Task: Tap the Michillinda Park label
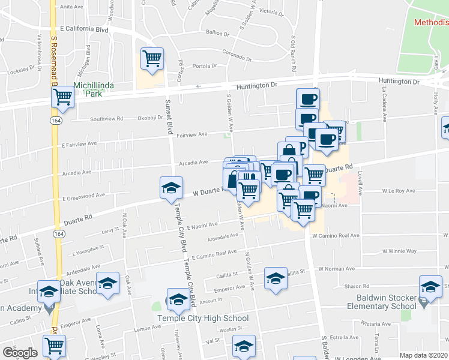click(x=93, y=89)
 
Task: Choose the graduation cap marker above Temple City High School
click(x=178, y=299)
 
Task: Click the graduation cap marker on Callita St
click(x=276, y=278)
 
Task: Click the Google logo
click(x=19, y=353)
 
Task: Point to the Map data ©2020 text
click(x=423, y=355)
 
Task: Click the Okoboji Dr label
click(x=150, y=118)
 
